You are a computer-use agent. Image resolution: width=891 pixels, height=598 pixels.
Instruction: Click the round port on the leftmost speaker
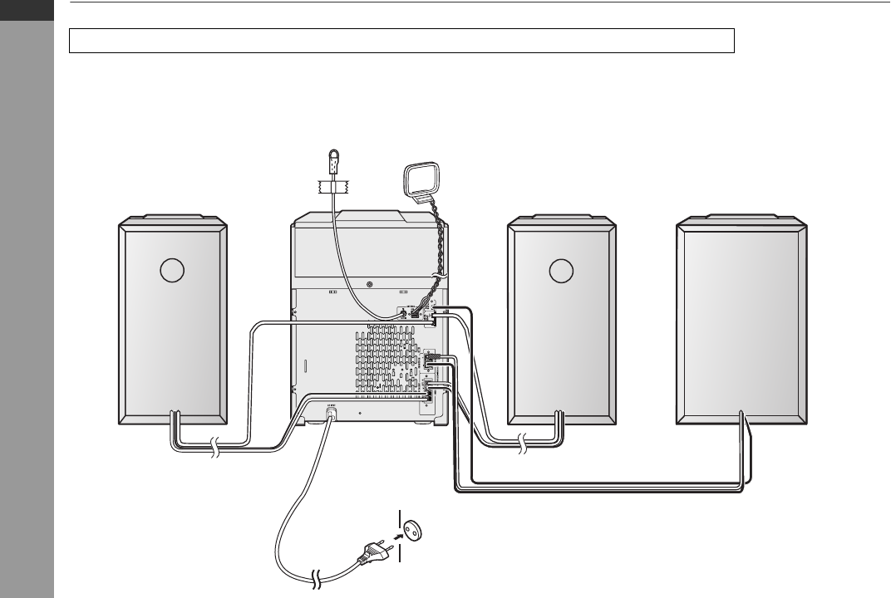(171, 272)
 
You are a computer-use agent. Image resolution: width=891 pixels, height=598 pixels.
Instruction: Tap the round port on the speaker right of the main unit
(561, 272)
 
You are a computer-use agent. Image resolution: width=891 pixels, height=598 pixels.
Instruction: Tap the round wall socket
(411, 527)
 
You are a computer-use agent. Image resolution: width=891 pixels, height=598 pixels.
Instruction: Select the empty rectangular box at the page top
(401, 40)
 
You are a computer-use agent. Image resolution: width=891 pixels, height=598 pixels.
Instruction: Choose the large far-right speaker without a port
(741, 324)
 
